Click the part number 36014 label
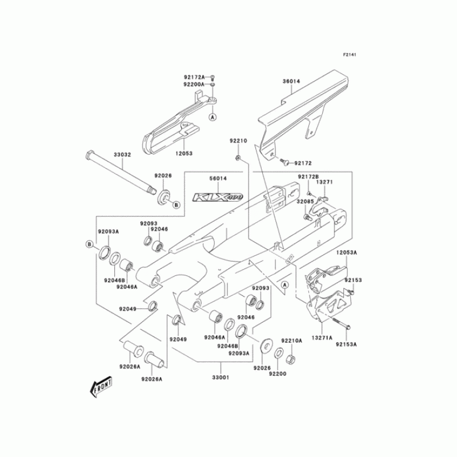tap(291, 81)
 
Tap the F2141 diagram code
tap(350, 55)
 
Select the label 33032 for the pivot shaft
tap(122, 154)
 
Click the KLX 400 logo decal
tap(218, 197)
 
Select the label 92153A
tap(346, 344)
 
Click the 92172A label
tap(194, 77)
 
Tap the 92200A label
tap(194, 84)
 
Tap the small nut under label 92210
tap(238, 157)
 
